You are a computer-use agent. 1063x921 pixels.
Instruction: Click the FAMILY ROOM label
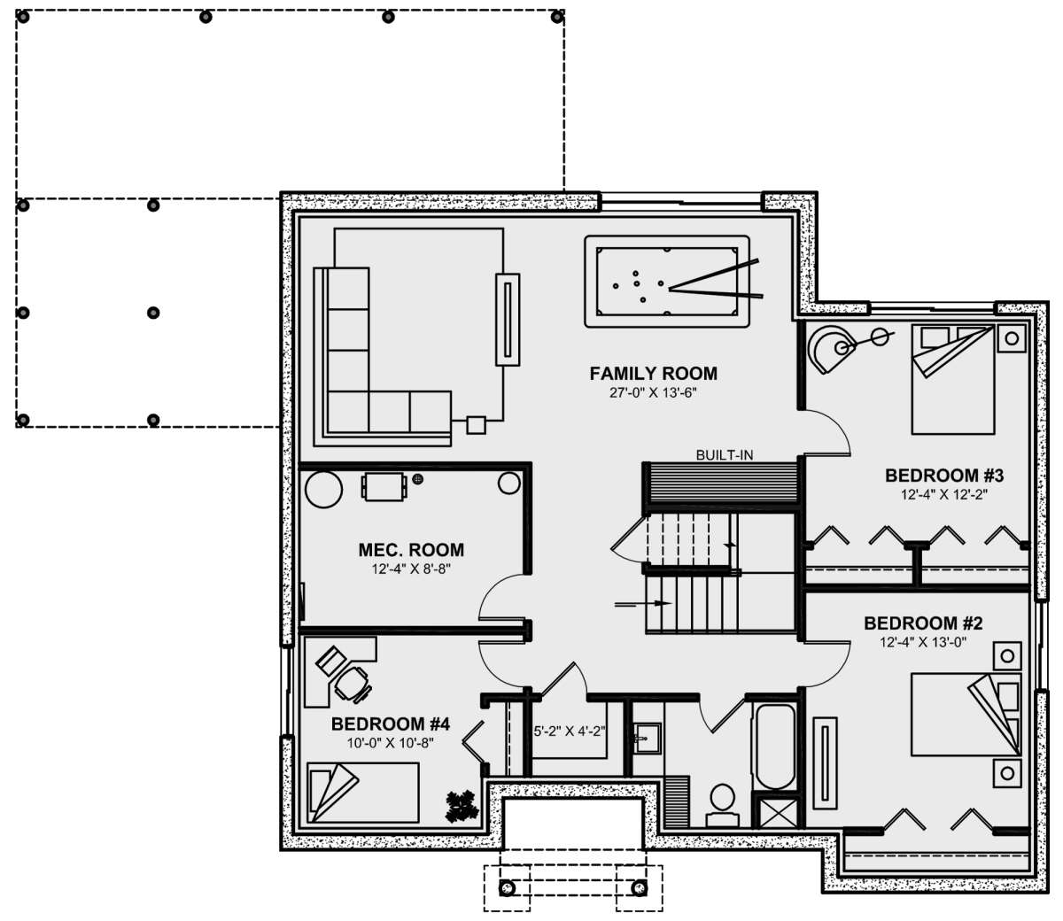point(653,374)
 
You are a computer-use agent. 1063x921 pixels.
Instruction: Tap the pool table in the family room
point(667,282)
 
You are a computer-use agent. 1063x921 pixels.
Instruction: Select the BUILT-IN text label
point(724,454)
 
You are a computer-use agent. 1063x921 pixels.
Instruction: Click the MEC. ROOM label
point(411,550)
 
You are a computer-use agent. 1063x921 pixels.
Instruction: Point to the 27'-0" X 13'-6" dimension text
point(653,393)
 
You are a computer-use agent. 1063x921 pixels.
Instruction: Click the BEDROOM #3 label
point(944,476)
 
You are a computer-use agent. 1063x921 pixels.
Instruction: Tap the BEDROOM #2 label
point(923,623)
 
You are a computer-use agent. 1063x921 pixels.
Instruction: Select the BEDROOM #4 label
point(391,724)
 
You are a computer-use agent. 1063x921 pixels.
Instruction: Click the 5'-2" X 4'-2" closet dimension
point(569,731)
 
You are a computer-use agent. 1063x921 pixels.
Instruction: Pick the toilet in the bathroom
point(723,805)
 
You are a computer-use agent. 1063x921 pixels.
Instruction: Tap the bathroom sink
point(647,739)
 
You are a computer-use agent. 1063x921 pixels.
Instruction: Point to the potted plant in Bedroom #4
point(462,806)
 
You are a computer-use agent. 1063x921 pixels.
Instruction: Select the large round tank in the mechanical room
point(323,489)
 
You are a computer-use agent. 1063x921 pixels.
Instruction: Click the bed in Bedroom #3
point(953,378)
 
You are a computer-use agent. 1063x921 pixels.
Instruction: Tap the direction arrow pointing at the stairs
point(643,604)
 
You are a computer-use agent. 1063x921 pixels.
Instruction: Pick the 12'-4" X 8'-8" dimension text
point(411,569)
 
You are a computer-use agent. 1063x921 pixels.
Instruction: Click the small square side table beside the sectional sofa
point(477,425)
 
